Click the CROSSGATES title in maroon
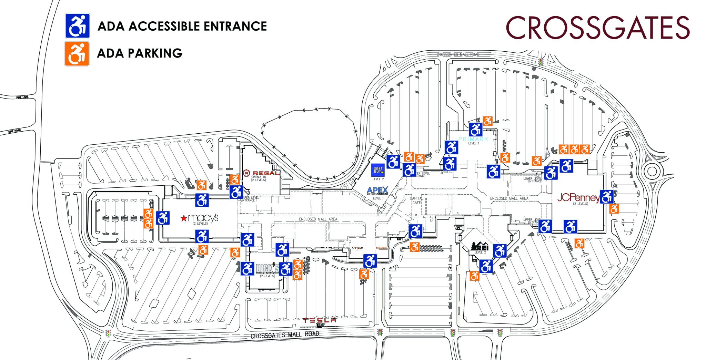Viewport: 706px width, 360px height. (597, 28)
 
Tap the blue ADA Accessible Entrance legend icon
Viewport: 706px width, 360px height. (78, 26)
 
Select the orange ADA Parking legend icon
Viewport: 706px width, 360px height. (77, 53)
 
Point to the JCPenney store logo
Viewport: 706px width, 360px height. (578, 198)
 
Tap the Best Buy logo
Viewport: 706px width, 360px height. (378, 171)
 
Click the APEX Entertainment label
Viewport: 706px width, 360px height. (377, 191)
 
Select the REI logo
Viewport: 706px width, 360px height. (480, 246)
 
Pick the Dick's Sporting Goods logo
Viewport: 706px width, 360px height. (268, 268)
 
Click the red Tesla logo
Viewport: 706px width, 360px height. (319, 320)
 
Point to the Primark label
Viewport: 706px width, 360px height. (473, 139)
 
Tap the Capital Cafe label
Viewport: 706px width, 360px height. (416, 200)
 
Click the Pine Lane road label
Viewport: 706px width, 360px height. (22, 97)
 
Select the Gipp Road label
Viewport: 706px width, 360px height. (15, 131)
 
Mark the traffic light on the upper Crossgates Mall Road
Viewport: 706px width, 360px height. (540, 62)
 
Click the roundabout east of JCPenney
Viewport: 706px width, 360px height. (652, 171)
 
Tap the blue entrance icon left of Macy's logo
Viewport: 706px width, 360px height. (163, 218)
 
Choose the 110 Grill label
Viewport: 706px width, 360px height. (357, 248)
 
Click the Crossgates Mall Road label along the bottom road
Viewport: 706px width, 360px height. (285, 335)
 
